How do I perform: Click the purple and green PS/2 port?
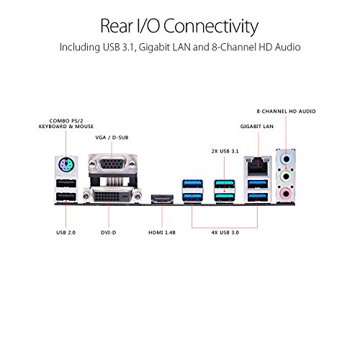(x=66, y=165)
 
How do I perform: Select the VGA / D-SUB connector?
(x=112, y=164)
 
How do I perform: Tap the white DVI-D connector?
(x=112, y=196)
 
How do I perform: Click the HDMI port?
(x=162, y=199)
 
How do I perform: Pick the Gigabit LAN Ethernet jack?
(x=258, y=166)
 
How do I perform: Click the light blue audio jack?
(x=286, y=158)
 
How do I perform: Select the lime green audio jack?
(x=286, y=176)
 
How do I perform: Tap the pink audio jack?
(x=286, y=193)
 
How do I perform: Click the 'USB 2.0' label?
(x=66, y=233)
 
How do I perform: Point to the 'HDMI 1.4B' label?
(x=162, y=233)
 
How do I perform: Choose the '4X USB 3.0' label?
(x=225, y=233)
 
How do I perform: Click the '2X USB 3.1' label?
(x=225, y=151)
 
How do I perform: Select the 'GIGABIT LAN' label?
(x=257, y=126)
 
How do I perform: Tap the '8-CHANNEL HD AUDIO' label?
(x=286, y=112)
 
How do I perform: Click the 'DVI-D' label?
(x=109, y=233)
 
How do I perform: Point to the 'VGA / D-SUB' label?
(x=112, y=138)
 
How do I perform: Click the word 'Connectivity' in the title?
(x=211, y=26)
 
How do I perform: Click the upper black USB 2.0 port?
(x=66, y=184)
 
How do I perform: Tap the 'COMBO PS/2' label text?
(x=66, y=121)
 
